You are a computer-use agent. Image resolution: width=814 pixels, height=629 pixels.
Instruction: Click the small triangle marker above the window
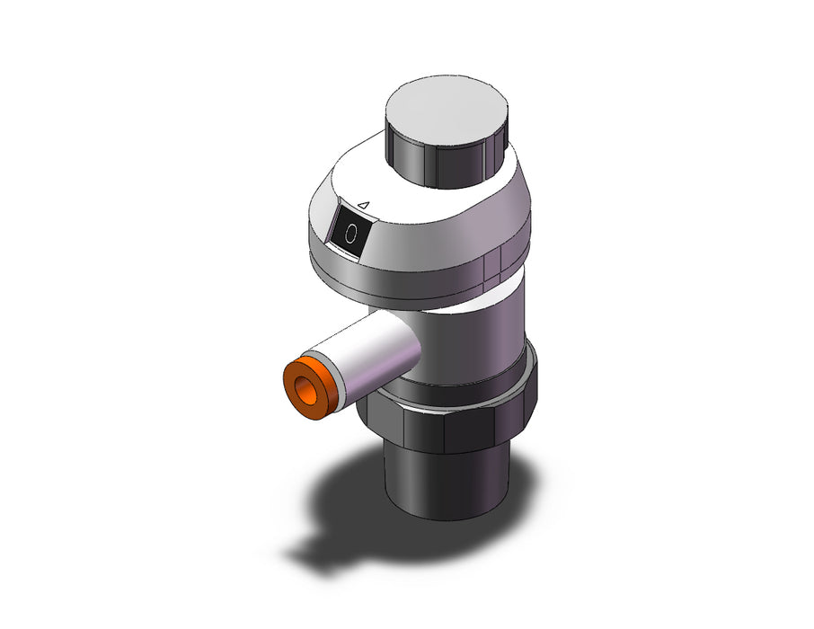click(365, 205)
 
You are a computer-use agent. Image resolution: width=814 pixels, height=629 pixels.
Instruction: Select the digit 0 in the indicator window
click(351, 234)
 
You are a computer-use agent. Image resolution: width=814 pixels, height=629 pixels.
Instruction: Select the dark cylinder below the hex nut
click(446, 481)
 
